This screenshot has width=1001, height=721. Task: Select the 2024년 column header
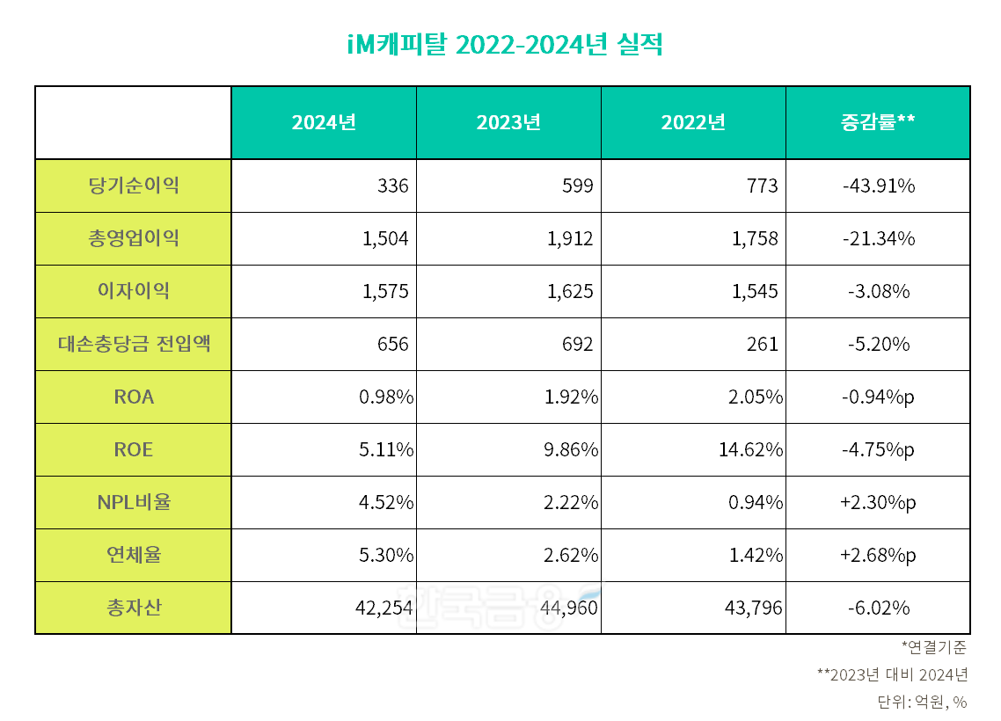click(324, 123)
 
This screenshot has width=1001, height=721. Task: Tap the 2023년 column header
click(508, 123)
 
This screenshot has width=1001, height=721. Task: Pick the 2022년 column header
click(693, 123)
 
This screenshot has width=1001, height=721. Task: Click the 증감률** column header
click(877, 123)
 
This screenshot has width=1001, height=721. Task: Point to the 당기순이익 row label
click(134, 186)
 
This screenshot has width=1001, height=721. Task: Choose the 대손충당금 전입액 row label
click(134, 344)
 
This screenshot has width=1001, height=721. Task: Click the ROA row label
click(134, 397)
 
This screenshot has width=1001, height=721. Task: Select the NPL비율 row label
click(134, 502)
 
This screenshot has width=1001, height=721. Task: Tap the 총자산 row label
click(134, 608)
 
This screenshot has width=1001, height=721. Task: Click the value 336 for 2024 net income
click(392, 186)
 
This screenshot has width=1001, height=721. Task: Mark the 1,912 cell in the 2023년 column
click(570, 238)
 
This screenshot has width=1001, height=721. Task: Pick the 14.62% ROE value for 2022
click(750, 449)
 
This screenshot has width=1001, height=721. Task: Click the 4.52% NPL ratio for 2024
click(386, 502)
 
